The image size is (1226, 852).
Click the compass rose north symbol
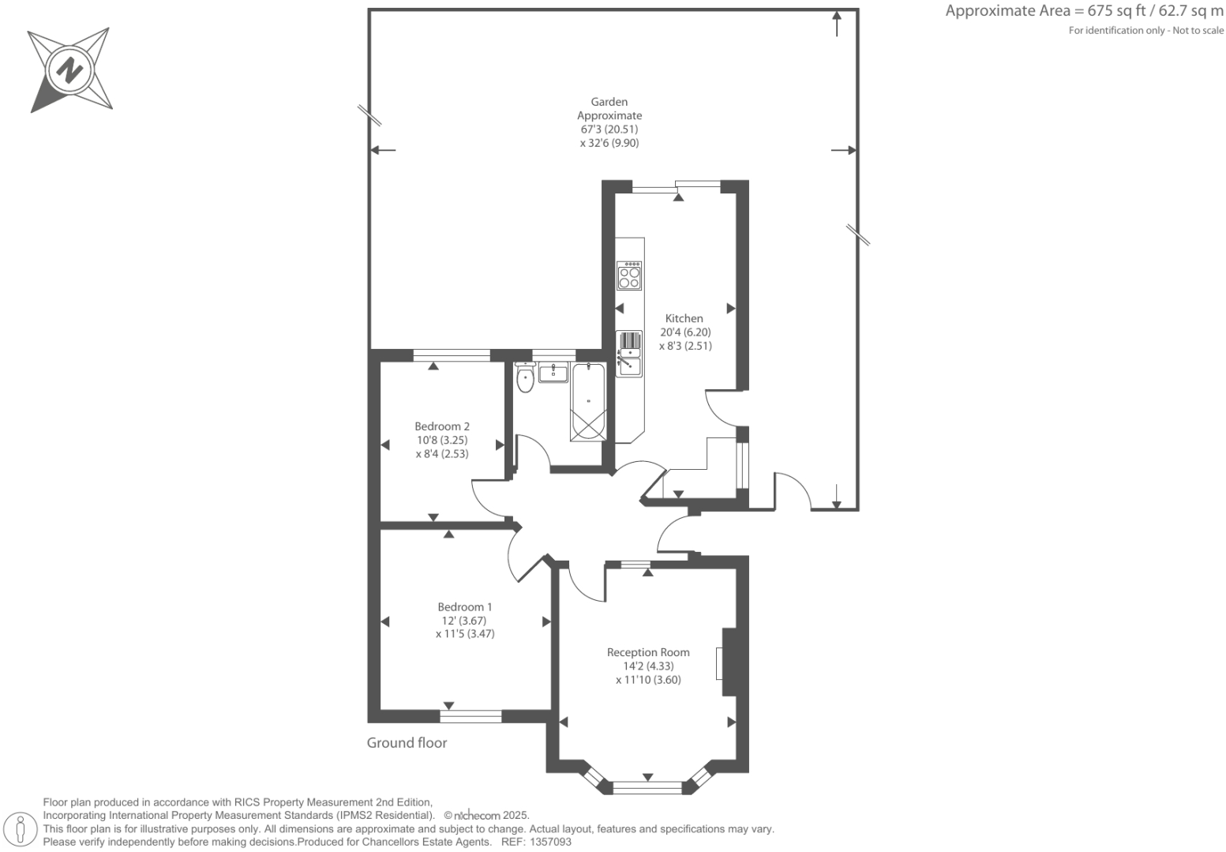point(70,69)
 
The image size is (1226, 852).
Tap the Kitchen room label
point(684,318)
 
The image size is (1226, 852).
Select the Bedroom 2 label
point(442,426)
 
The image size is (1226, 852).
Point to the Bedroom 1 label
point(465,606)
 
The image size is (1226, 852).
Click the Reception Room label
point(648,652)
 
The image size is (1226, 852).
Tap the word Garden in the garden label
point(609,102)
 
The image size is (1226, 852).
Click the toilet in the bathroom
point(525,379)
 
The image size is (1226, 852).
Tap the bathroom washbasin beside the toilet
point(553,372)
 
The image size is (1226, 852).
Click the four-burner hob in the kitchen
point(629,276)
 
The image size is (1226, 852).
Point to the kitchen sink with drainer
point(628,353)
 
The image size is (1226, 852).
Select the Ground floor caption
point(407,742)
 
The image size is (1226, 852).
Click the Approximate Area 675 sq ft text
point(1084,11)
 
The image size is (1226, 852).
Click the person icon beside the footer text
point(21,829)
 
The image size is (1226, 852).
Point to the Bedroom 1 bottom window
point(471,716)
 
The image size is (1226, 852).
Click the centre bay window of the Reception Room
point(647,786)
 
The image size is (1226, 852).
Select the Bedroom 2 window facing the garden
point(452,355)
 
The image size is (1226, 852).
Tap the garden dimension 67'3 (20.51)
point(609,129)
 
